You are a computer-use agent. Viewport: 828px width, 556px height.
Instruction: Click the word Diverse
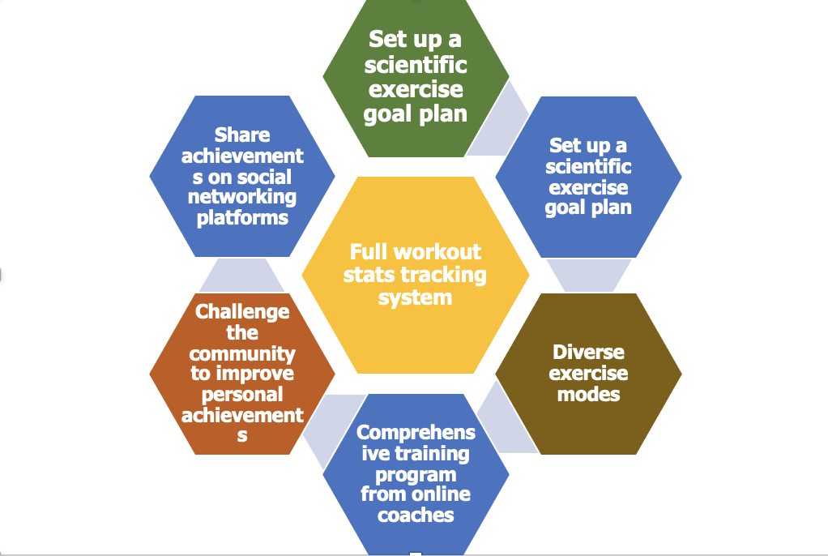[x=588, y=353]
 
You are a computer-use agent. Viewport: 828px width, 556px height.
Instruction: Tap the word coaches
[x=416, y=515]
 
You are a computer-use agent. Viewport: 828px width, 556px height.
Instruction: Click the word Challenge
[x=242, y=311]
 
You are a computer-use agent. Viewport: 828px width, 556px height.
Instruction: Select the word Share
[x=242, y=135]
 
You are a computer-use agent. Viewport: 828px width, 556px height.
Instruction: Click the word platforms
[x=242, y=217]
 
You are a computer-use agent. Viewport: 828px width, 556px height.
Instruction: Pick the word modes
[x=588, y=395]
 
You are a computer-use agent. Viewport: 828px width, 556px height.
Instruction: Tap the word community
[x=242, y=353]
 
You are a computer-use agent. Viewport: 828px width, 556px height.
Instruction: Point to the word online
[x=443, y=494]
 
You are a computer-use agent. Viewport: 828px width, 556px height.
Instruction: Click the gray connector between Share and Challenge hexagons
[x=241, y=276]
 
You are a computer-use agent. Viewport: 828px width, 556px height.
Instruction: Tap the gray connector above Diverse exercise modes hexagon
[x=589, y=275]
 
